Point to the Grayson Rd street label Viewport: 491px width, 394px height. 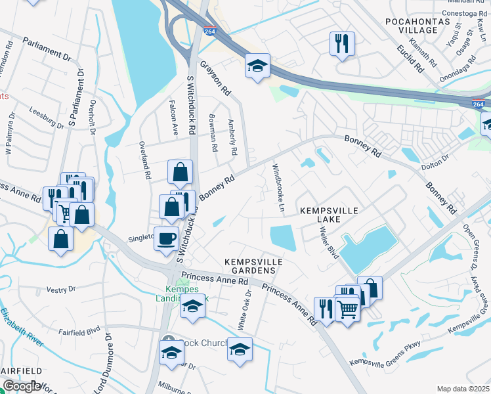click(216, 78)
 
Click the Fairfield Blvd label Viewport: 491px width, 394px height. click(79, 331)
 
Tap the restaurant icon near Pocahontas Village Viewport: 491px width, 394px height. click(342, 43)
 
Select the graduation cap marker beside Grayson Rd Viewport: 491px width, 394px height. click(258, 65)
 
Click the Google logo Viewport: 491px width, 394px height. click(22, 387)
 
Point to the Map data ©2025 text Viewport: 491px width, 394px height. click(463, 389)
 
